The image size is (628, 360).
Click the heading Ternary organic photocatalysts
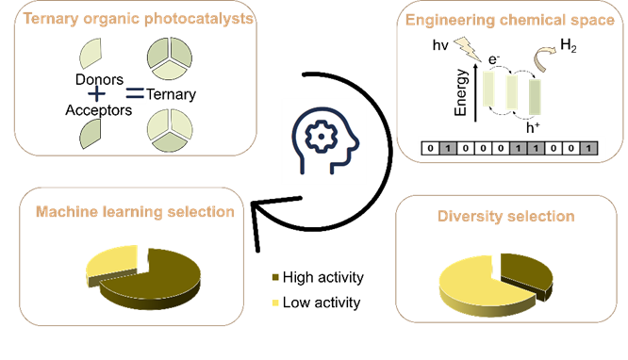coord(138,19)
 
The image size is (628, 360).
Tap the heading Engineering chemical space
coord(510,20)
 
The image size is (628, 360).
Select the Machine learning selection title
coord(135,211)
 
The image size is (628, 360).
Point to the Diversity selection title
coord(505,216)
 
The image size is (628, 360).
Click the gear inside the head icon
coord(321,136)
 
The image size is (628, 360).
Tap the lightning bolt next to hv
coord(467,48)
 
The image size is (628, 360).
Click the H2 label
coord(569,45)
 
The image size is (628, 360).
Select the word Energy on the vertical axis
coord(461,92)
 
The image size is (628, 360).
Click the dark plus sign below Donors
coord(96,94)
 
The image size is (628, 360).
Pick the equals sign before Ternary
coord(135,93)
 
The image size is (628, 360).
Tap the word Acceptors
coord(98,110)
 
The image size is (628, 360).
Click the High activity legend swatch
coord(275,277)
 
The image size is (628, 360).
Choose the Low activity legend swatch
coord(275,303)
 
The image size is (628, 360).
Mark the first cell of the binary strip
coord(430,148)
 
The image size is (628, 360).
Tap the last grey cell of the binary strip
coord(588,148)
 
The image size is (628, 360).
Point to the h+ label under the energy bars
coord(533,128)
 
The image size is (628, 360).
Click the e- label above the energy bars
coord(494,59)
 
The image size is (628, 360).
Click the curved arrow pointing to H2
coord(544,58)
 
